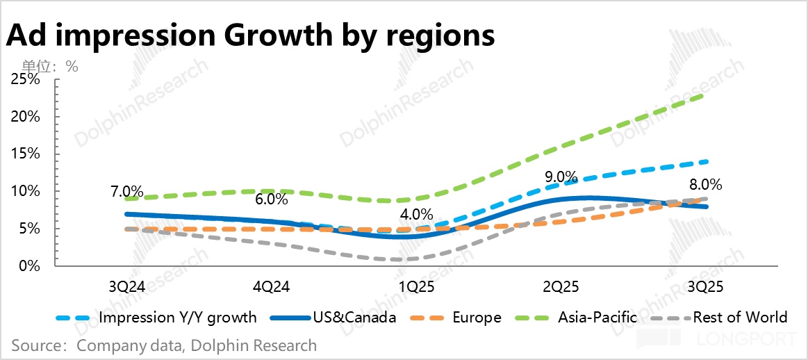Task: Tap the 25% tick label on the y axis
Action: coord(25,80)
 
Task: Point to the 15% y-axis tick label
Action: coord(25,154)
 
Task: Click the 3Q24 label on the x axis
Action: coord(128,286)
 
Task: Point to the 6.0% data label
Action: coord(271,199)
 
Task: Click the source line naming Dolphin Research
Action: coord(164,345)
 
